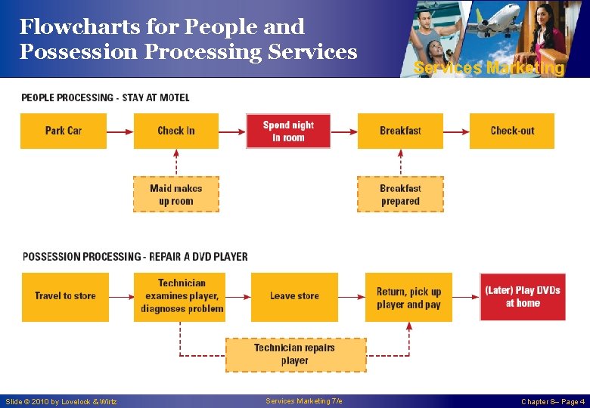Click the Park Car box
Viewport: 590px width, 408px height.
[64, 131]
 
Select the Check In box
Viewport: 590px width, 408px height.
[176, 131]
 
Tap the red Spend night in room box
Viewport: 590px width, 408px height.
[288, 131]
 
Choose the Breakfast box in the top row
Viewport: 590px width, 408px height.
[400, 131]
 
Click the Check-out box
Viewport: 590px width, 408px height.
[512, 131]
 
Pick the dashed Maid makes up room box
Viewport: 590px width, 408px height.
[176, 194]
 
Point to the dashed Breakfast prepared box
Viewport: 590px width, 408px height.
[400, 194]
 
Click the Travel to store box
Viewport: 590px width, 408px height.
[65, 296]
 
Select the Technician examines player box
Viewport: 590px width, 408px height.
[180, 296]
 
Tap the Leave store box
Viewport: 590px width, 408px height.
[294, 296]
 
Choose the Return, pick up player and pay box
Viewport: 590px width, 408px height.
[408, 297]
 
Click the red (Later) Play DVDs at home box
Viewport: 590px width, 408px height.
[523, 296]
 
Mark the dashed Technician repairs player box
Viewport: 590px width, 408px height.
[295, 354]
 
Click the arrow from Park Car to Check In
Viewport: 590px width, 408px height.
[120, 131]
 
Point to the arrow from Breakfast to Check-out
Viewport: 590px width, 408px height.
[456, 131]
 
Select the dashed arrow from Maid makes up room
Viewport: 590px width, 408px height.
[176, 162]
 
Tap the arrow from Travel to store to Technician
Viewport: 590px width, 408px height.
[121, 297]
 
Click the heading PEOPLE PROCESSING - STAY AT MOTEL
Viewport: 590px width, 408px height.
[105, 97]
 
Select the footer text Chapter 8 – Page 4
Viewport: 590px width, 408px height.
[552, 402]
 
